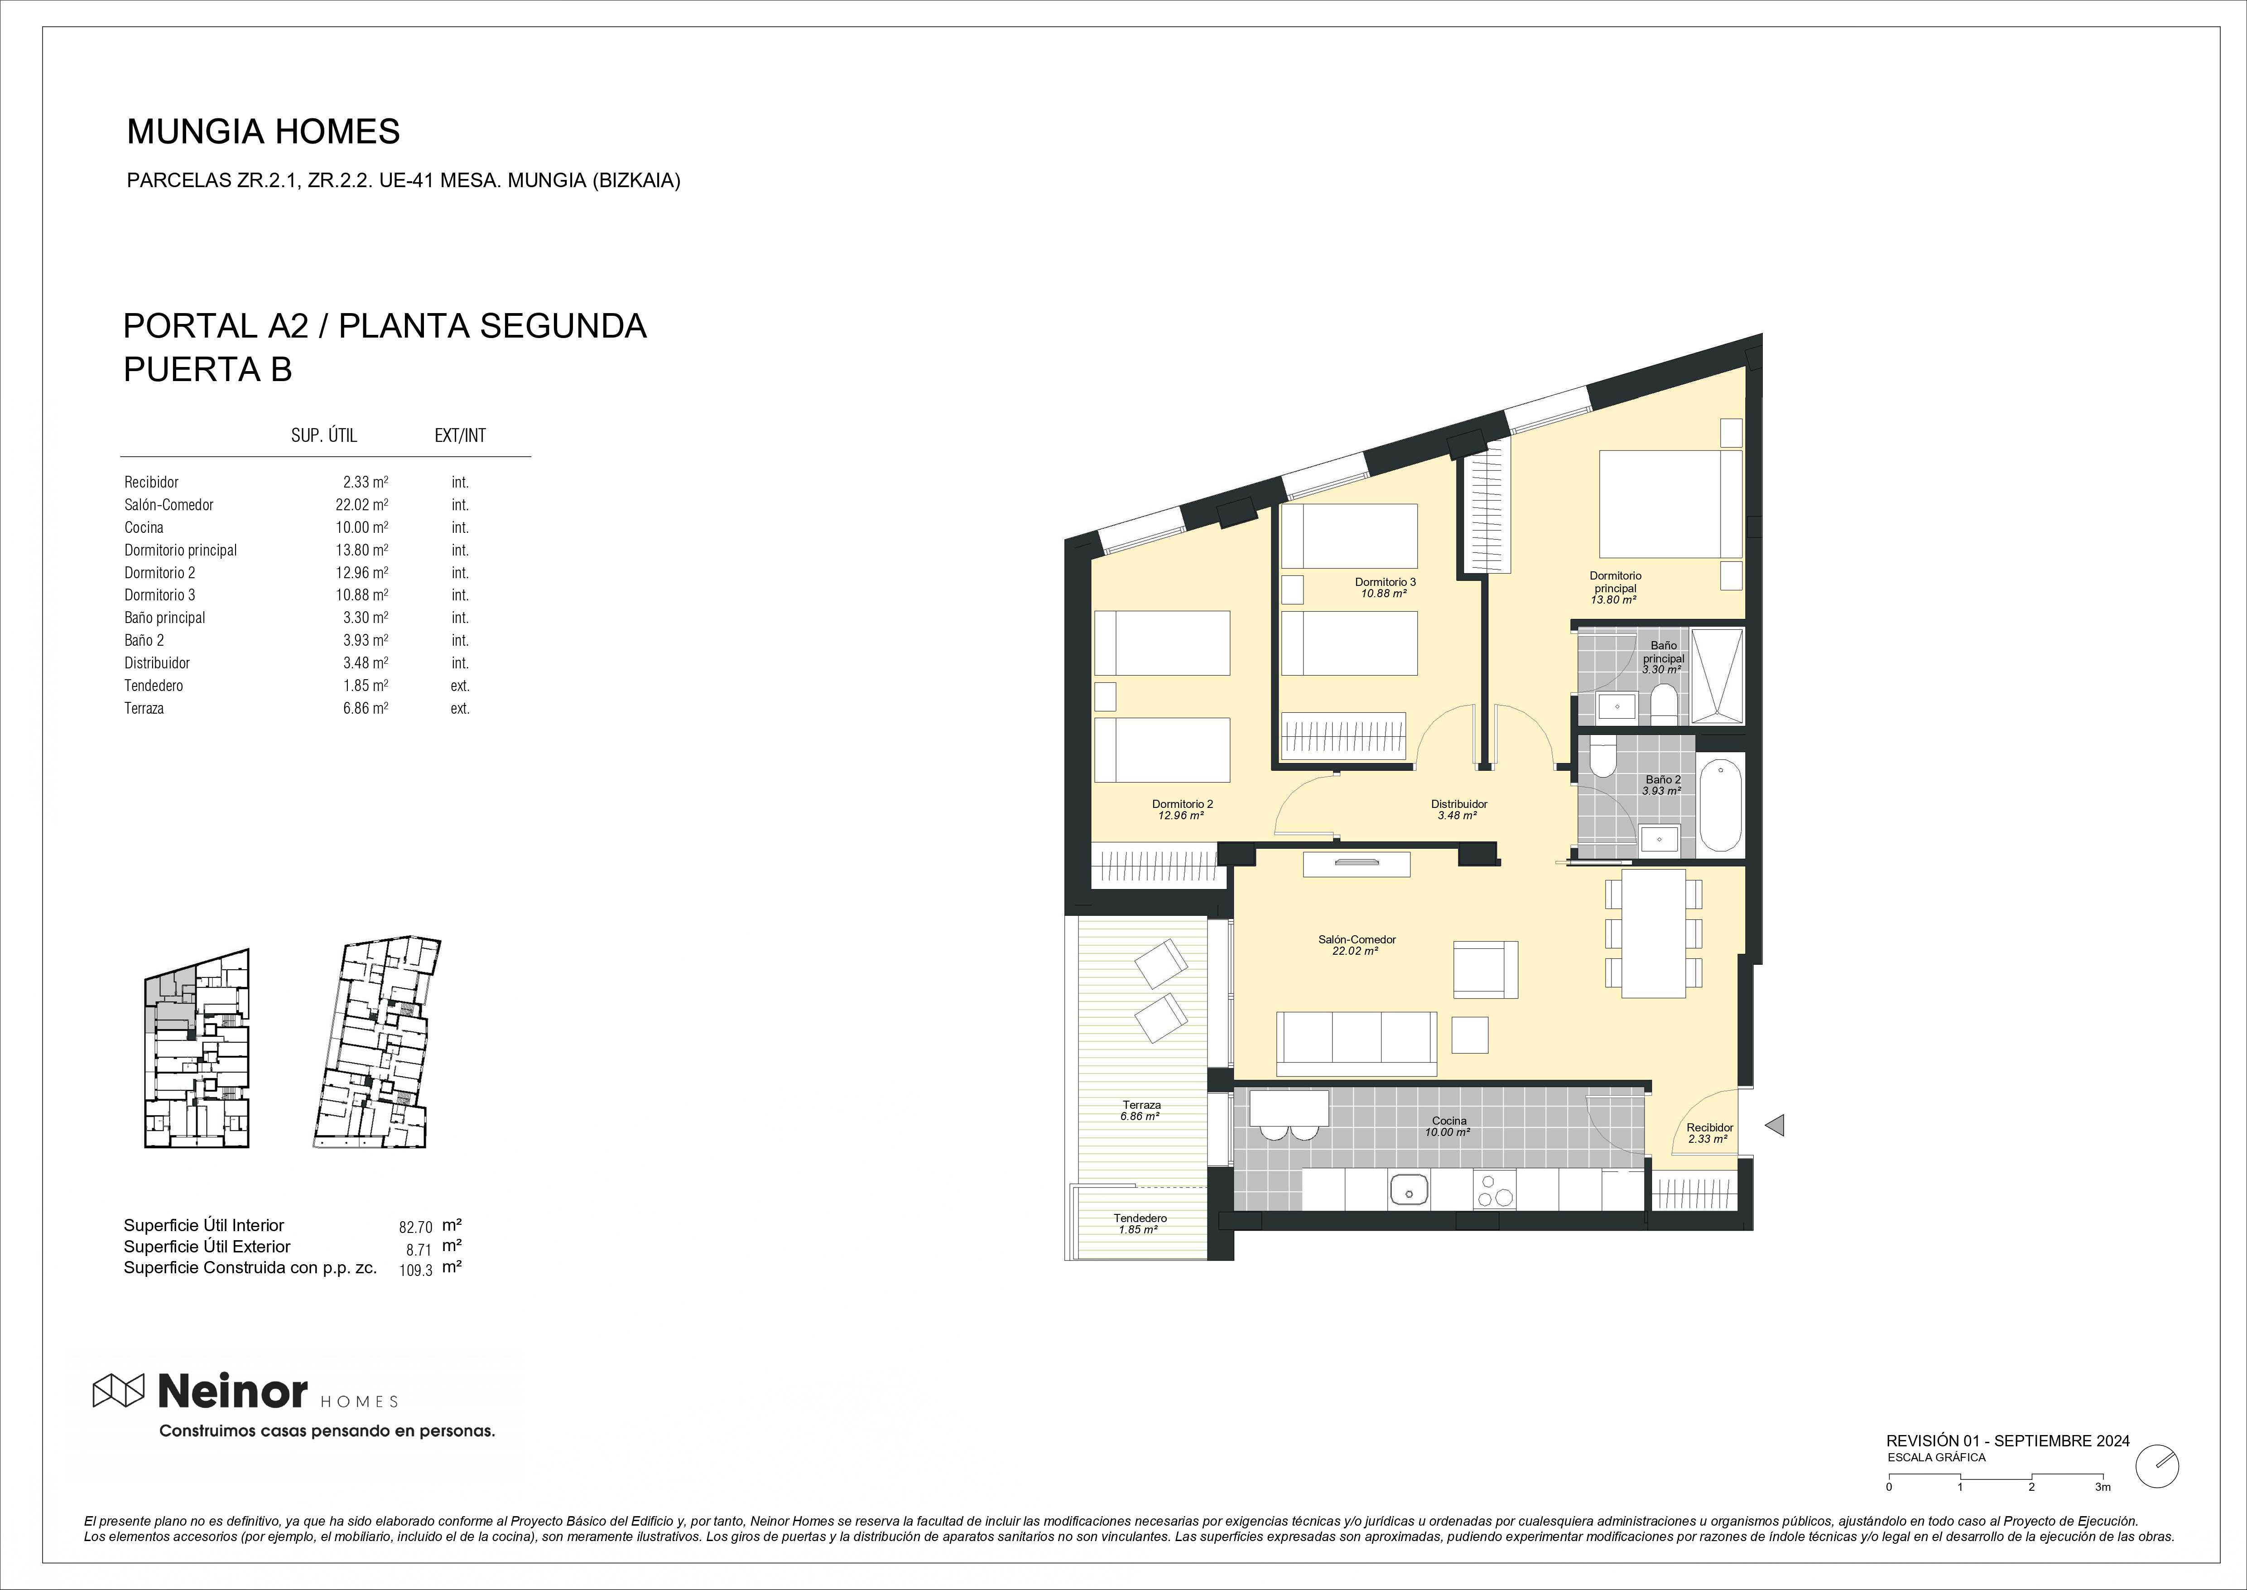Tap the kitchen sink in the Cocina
1408,1190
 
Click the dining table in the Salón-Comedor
1653,933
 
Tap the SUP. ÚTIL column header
324,436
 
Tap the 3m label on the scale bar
2102,1513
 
